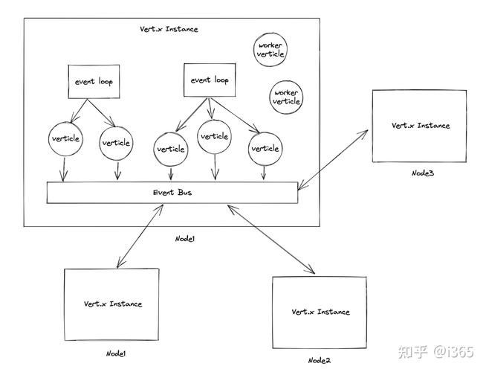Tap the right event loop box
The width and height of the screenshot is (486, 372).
coord(210,80)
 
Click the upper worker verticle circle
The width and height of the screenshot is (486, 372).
coord(269,50)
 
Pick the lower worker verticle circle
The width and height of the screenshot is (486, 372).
coord(286,97)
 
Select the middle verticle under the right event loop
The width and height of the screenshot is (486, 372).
coord(214,137)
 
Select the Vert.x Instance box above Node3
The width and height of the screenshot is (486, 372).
coord(421,126)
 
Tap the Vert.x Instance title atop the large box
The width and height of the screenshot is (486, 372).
coord(169,29)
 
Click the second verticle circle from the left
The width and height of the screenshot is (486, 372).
coord(117,143)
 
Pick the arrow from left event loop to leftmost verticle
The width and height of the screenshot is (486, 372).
coord(74,111)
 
